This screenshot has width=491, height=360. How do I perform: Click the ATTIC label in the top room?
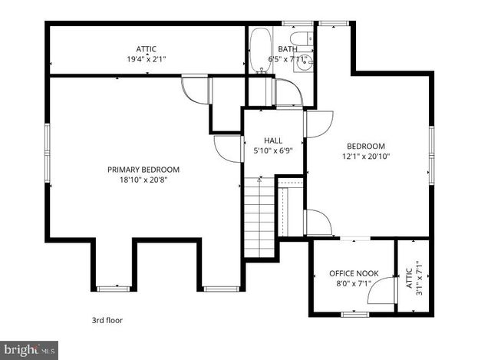click(146, 48)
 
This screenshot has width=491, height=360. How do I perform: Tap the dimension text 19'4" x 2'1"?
click(146, 58)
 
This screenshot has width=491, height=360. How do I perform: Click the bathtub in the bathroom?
click(260, 49)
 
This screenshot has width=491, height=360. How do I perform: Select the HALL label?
click(273, 140)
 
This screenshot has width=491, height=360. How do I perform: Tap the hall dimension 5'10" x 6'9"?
click(273, 150)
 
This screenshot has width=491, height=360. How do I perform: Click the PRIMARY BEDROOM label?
click(143, 170)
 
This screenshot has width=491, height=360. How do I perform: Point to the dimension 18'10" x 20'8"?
click(143, 180)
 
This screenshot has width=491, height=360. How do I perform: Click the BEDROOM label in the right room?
click(366, 146)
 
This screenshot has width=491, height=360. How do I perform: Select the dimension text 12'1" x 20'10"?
click(366, 156)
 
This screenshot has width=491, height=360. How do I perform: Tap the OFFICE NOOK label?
click(354, 273)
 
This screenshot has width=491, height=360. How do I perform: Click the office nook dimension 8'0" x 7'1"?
click(354, 283)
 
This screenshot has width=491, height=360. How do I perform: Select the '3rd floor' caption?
click(106, 320)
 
